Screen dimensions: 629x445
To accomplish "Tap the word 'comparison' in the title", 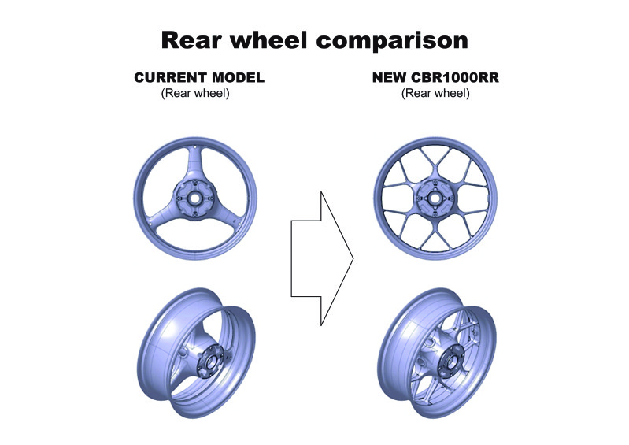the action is (x=392, y=42).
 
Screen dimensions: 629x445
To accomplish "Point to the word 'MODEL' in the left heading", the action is (x=239, y=77).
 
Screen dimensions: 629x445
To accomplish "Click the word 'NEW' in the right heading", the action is (x=390, y=77).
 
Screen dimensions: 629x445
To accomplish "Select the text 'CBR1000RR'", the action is (x=455, y=77).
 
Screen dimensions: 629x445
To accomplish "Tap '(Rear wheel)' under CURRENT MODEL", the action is (x=195, y=93).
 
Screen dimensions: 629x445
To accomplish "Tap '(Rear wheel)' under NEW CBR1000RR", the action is (x=435, y=93).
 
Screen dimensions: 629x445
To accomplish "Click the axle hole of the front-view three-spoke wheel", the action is (x=195, y=198).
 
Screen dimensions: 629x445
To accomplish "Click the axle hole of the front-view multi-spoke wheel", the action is (x=434, y=198).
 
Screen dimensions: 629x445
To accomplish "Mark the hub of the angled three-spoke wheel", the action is (x=209, y=362).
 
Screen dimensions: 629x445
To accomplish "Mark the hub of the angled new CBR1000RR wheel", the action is (x=451, y=362).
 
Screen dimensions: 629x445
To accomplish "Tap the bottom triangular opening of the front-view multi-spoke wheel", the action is (x=435, y=243).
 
